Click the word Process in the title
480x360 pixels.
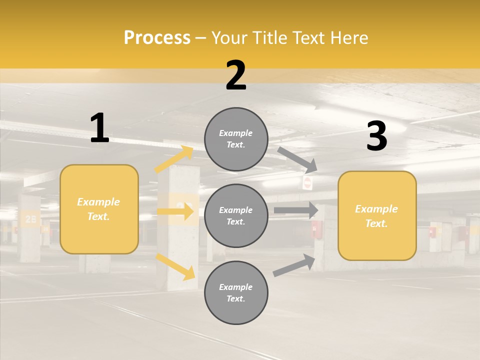(x=157, y=37)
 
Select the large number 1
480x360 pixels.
(x=99, y=128)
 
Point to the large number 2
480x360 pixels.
(x=236, y=75)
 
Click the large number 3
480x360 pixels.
(x=376, y=136)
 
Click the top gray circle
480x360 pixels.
(x=236, y=139)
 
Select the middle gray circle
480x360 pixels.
(x=236, y=216)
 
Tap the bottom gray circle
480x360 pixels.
(x=236, y=293)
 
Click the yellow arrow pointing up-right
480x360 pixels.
(x=174, y=159)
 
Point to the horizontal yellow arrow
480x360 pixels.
(x=175, y=211)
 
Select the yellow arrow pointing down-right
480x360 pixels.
(x=175, y=266)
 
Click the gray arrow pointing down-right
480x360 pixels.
(x=297, y=159)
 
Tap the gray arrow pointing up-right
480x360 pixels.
(x=294, y=265)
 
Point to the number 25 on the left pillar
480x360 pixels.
(x=30, y=218)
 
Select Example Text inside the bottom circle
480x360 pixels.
(x=236, y=293)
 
